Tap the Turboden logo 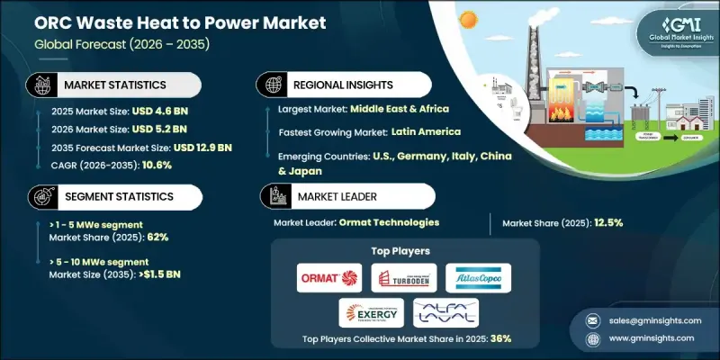click(403, 277)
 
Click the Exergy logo click(371, 312)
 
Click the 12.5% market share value click(612, 221)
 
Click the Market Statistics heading click(115, 84)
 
